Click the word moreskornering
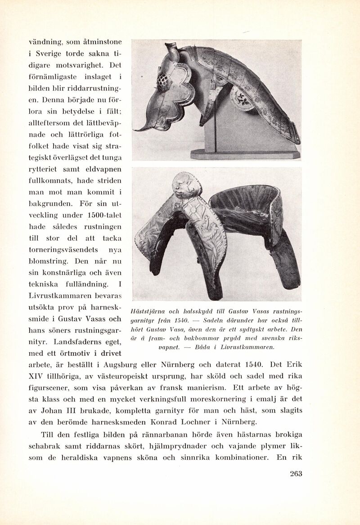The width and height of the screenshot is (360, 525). (x=228, y=399)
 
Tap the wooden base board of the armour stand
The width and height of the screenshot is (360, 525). (x=245, y=154)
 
